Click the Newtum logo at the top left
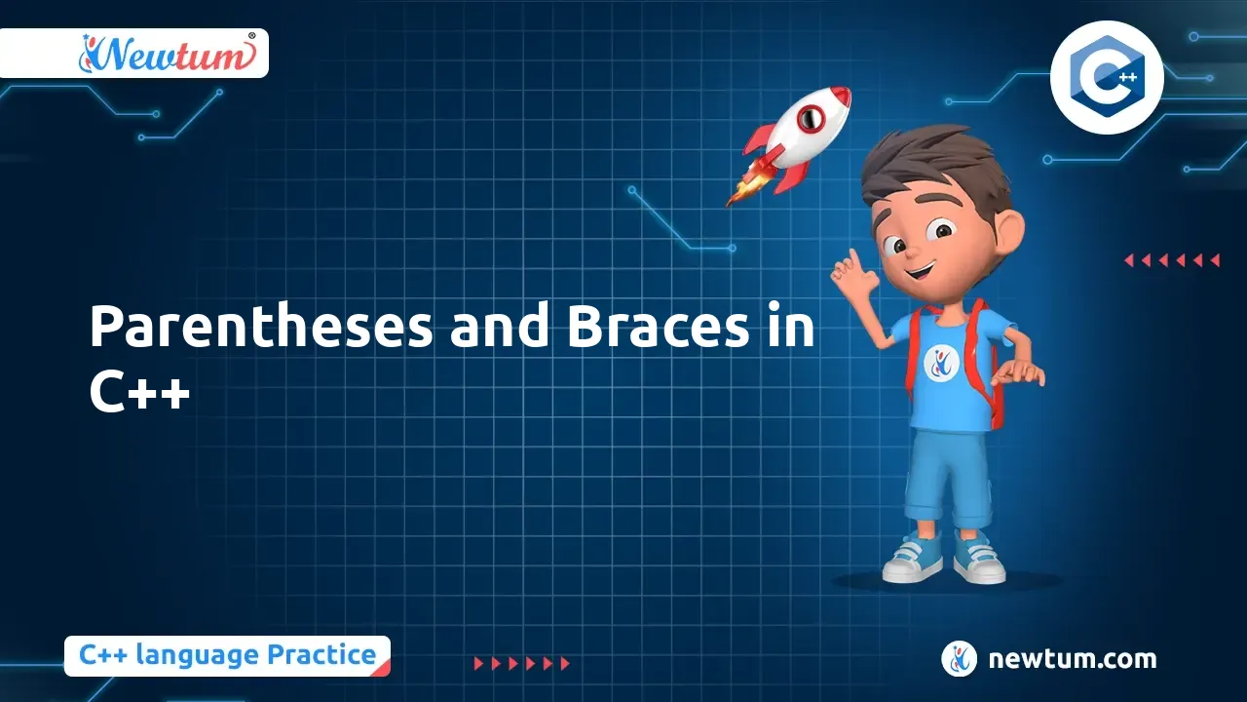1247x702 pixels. click(x=166, y=54)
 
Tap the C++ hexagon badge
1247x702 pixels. click(x=1107, y=77)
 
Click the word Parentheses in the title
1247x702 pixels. click(x=260, y=327)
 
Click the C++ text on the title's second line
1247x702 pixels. click(x=139, y=392)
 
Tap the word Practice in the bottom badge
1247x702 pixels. click(x=321, y=655)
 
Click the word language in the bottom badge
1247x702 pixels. click(x=197, y=656)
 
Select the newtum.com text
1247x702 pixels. click(x=1073, y=659)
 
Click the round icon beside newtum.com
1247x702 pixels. click(x=959, y=658)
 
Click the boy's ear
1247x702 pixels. click(x=1007, y=229)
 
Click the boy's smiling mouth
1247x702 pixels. click(x=920, y=272)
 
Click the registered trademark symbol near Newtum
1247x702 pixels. click(x=251, y=36)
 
